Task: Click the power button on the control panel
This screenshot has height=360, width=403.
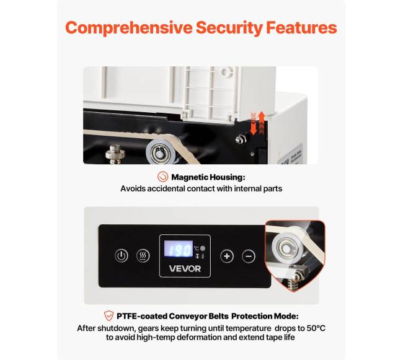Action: [x=122, y=256]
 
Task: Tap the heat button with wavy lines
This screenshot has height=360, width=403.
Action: [x=143, y=256]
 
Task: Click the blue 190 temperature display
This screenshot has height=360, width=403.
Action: [x=179, y=248]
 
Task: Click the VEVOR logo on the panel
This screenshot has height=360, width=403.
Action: [x=185, y=269]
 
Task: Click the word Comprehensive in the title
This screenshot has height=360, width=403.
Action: [x=129, y=28]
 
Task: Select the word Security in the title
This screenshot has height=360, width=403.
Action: [x=229, y=28]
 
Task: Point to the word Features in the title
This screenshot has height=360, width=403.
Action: [x=301, y=27]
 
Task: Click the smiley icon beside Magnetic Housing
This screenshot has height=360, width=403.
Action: [x=162, y=177]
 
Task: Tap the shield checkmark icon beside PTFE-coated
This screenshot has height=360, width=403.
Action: [x=108, y=316]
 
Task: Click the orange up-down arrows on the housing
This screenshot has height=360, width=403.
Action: [x=257, y=123]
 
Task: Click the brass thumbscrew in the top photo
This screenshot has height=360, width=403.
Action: [x=115, y=154]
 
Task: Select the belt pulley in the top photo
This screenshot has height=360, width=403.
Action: [x=161, y=153]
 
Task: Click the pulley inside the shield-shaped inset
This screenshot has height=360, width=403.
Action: [x=286, y=248]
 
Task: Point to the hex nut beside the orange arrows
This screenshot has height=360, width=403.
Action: [x=241, y=139]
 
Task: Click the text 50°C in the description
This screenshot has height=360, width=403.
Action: [x=316, y=328]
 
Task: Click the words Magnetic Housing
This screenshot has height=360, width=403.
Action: [x=208, y=177]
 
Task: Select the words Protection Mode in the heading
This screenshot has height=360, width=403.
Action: [x=265, y=316]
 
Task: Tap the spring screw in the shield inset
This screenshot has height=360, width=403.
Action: [x=296, y=279]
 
